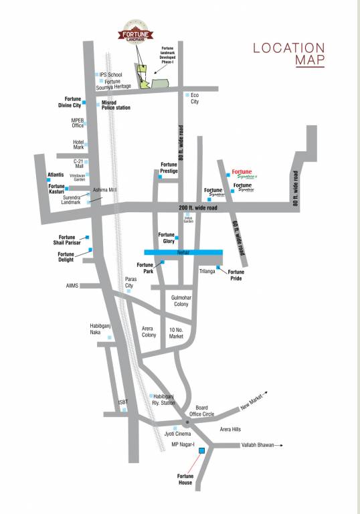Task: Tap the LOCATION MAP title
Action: [288, 54]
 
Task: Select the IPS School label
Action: [111, 74]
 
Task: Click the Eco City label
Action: [195, 98]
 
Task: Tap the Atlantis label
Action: [56, 175]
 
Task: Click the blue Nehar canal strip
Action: [183, 252]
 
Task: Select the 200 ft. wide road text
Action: [199, 208]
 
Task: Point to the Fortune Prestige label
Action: [169, 167]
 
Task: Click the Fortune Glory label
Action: [166, 238]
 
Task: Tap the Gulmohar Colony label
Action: [181, 301]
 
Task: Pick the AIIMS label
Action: [72, 286]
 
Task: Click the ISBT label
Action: [123, 402]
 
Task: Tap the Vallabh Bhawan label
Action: [258, 444]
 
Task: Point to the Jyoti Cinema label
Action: [176, 435]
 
